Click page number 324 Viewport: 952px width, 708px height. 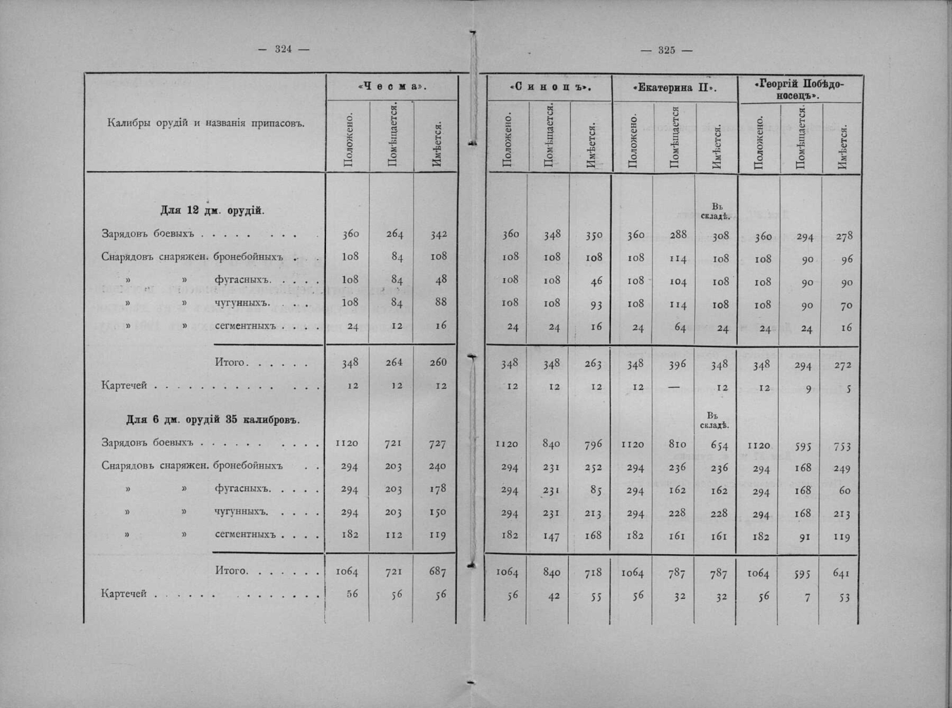283,49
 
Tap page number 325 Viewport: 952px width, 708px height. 666,50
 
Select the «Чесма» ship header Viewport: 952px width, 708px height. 392,87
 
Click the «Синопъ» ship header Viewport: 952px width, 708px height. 549,88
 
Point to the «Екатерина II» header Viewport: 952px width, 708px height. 674,88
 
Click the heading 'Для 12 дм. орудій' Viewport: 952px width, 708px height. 212,210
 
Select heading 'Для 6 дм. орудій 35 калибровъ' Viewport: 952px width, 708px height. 213,419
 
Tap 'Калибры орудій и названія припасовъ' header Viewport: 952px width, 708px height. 205,124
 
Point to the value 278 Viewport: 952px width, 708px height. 844,236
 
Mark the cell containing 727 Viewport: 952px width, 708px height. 437,444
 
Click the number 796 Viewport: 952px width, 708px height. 593,445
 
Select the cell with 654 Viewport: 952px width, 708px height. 719,445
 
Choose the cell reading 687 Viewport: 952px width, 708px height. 437,571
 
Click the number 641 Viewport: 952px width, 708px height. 841,574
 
